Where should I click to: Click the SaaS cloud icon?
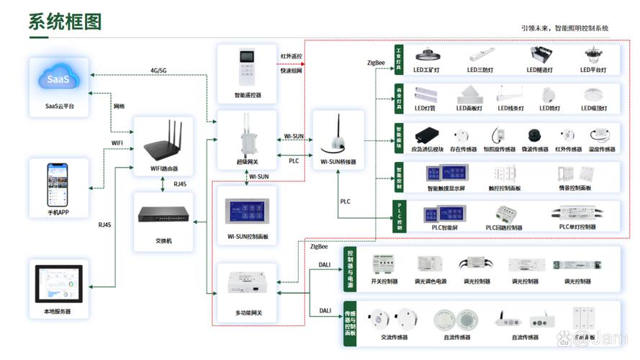pos(59,79)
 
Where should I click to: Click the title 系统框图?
pos(65,22)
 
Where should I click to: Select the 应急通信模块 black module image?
pos(426,135)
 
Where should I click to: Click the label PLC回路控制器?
pos(503,228)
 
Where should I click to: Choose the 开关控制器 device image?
pos(384,264)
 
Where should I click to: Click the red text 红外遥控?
pos(292,55)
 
